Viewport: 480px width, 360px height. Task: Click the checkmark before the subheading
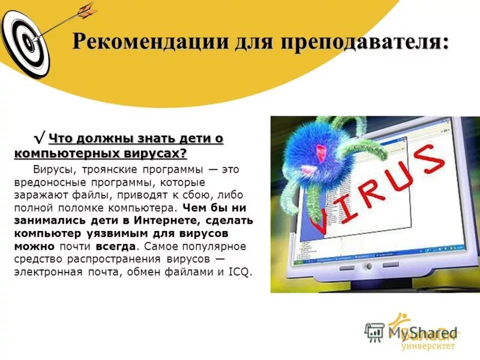click(x=40, y=140)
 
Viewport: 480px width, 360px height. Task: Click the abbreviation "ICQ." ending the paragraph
click(x=239, y=272)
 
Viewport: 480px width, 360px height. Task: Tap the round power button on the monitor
click(x=368, y=266)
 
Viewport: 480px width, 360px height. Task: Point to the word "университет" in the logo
click(x=428, y=346)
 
